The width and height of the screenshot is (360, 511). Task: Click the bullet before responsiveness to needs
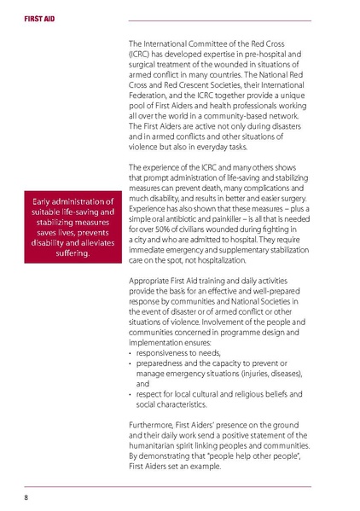tap(130, 351)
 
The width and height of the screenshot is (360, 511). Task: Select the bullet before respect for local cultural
tap(130, 394)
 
